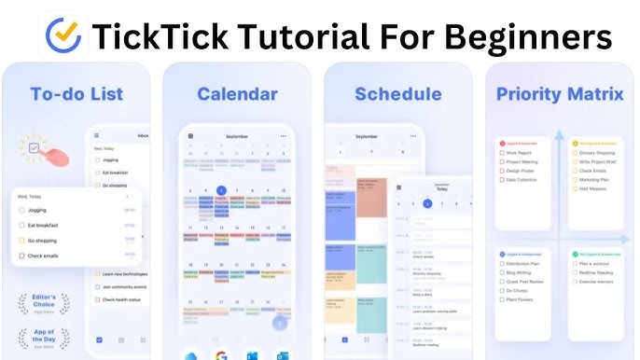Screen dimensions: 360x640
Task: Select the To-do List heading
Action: tap(77, 94)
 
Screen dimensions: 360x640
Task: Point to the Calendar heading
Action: tap(237, 94)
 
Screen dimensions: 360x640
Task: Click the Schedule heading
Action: tap(397, 94)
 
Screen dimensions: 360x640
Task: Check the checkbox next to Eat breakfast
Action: tap(21, 225)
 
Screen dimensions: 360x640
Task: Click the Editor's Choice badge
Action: tap(45, 302)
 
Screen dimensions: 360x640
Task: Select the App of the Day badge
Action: tap(45, 338)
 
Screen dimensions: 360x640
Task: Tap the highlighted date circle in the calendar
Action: tap(221, 191)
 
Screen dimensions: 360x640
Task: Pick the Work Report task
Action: tap(522, 151)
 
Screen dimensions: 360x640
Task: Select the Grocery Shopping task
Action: tap(597, 151)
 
